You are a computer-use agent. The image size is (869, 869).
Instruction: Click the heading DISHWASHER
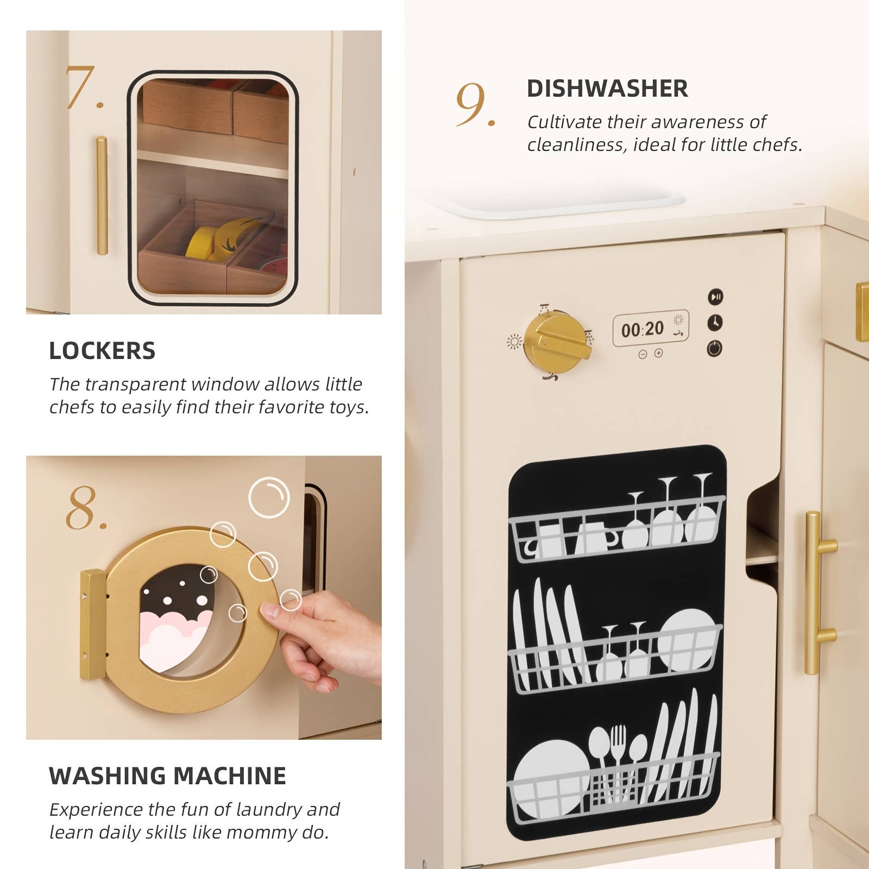(607, 89)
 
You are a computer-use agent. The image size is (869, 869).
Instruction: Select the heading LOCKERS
(102, 351)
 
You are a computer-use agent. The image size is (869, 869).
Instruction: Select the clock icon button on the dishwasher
(715, 323)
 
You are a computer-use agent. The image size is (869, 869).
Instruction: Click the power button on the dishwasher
(715, 348)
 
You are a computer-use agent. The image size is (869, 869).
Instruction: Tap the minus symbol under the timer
(643, 354)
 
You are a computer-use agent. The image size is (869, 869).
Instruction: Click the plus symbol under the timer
(659, 354)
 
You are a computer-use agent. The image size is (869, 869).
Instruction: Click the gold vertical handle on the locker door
(102, 196)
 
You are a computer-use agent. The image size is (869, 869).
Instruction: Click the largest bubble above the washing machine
(269, 496)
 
